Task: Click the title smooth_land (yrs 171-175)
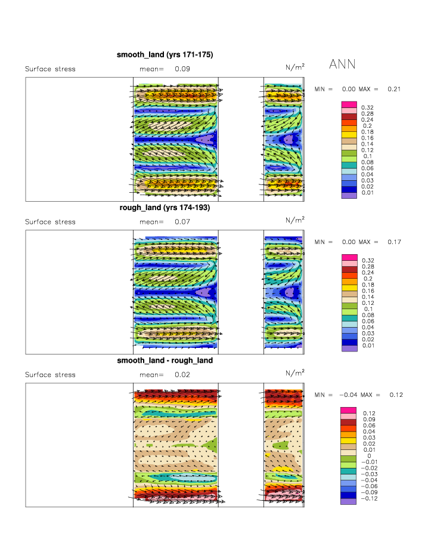[165, 55]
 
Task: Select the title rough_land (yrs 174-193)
[165, 208]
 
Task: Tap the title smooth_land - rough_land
[165, 361]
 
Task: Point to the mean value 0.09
[182, 69]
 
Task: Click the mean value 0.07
[182, 222]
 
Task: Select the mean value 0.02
[182, 375]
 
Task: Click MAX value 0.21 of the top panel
[393, 89]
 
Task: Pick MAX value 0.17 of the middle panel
[393, 242]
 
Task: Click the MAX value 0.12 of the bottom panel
[396, 395]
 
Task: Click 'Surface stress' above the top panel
[50, 69]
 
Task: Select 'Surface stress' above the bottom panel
[50, 375]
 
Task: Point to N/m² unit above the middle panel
[294, 220]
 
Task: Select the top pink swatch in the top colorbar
[349, 104]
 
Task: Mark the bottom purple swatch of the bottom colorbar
[349, 502]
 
